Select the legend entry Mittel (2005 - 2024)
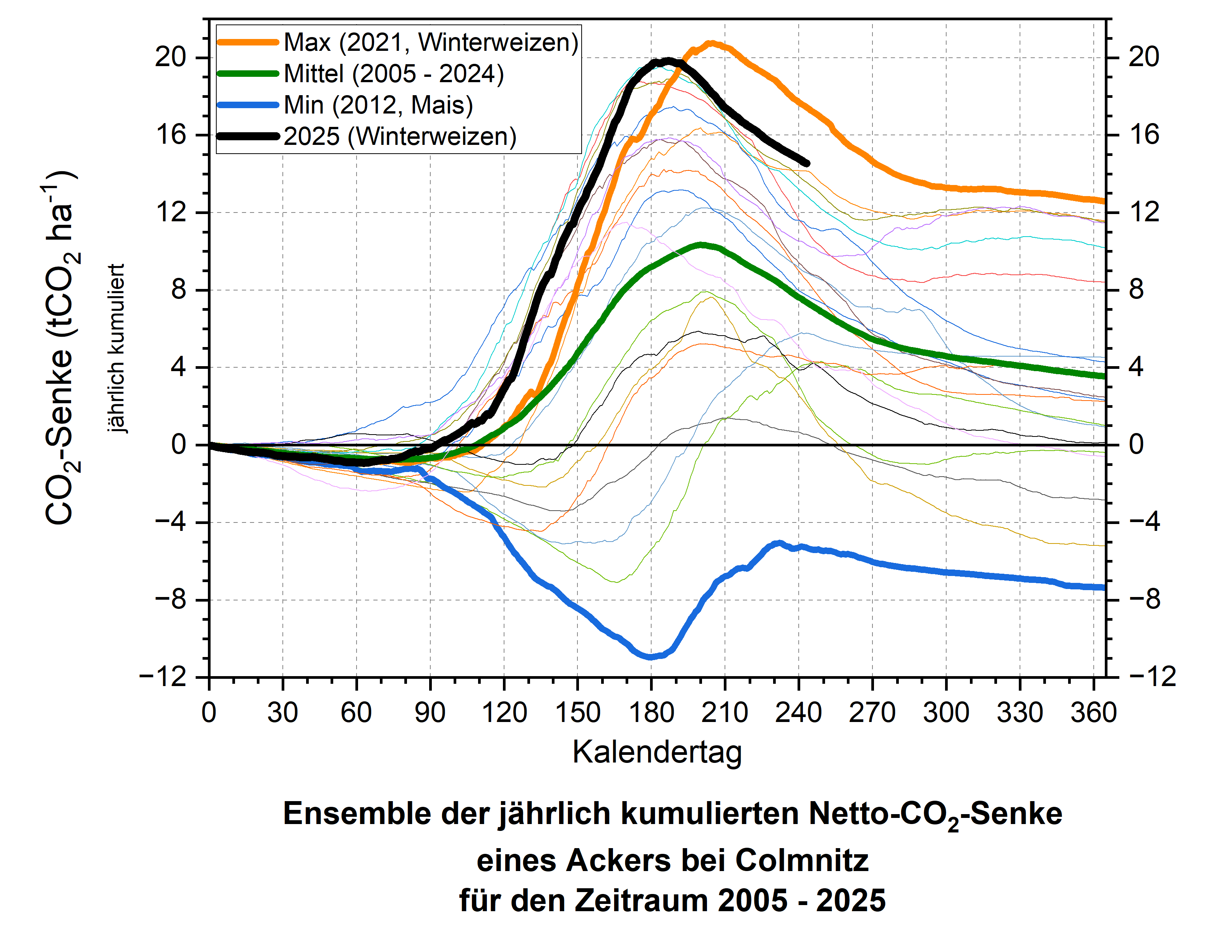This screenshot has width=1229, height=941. pyautogui.click(x=394, y=74)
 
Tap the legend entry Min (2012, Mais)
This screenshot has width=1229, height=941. pyautogui.click(x=378, y=105)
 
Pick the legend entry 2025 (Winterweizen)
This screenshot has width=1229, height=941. pyautogui.click(x=400, y=137)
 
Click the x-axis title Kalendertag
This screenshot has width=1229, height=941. pyautogui.click(x=657, y=752)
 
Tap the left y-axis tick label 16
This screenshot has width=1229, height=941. pyautogui.click(x=171, y=135)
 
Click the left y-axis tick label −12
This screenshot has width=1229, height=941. pyautogui.click(x=163, y=678)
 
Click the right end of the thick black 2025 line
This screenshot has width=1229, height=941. pyautogui.click(x=807, y=164)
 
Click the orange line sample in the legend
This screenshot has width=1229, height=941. pyautogui.click(x=248, y=42)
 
